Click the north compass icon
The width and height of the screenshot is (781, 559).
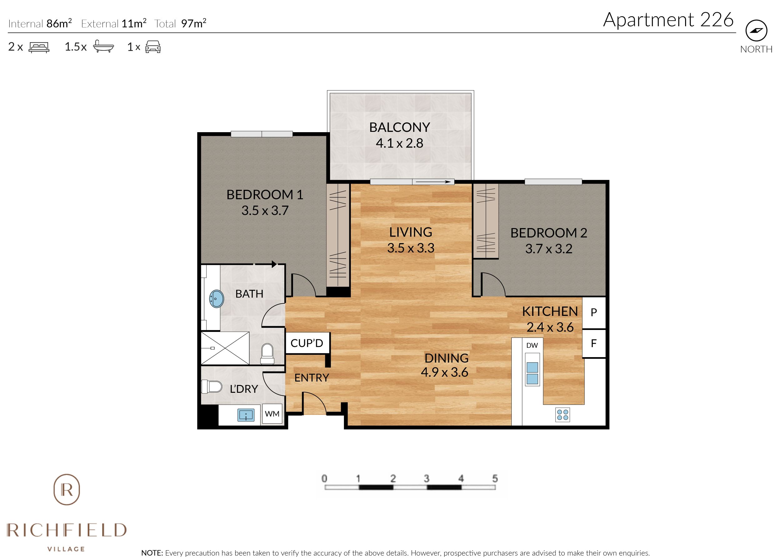tap(756, 30)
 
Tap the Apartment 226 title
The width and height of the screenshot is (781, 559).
tap(668, 20)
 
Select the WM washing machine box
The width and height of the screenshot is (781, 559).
tap(272, 414)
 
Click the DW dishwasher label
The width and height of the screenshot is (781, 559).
tap(532, 345)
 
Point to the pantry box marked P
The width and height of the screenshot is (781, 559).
tap(594, 312)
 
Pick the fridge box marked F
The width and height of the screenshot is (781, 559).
tap(594, 343)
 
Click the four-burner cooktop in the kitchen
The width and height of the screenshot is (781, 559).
tap(563, 415)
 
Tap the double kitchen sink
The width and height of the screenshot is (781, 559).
tap(532, 373)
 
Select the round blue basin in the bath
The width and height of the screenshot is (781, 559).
tap(216, 299)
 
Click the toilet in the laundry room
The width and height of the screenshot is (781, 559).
tap(211, 387)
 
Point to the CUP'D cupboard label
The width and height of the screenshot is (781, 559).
tap(307, 343)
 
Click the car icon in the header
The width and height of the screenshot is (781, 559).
tap(153, 47)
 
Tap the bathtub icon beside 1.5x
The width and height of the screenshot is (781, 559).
tap(103, 47)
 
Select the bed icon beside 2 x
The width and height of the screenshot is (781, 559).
tap(39, 47)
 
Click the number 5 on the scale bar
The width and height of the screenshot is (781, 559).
tap(495, 478)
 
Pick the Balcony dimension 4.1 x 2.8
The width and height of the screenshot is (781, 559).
tap(400, 143)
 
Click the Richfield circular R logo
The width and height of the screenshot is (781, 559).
tap(67, 489)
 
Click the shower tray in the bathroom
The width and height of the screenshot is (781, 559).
tap(225, 348)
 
